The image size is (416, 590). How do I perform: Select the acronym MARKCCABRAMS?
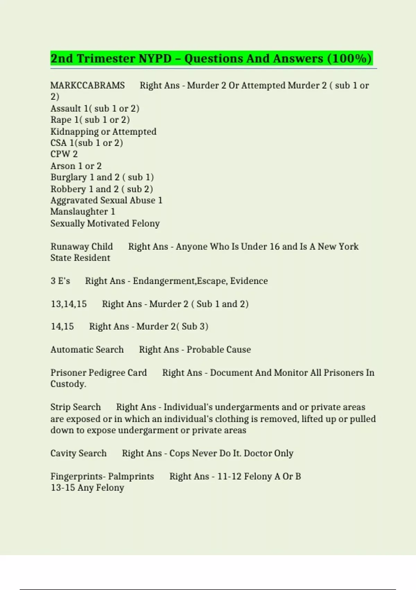click(x=87, y=85)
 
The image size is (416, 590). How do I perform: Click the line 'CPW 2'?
click(x=64, y=154)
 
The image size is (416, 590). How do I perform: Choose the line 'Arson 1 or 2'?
click(x=76, y=166)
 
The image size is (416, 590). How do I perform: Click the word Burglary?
click(x=69, y=177)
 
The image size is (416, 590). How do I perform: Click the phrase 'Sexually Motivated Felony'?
click(x=105, y=224)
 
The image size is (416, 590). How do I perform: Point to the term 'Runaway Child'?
click(x=81, y=246)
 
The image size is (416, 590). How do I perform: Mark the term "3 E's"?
click(x=60, y=281)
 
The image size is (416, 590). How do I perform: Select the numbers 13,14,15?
click(x=69, y=304)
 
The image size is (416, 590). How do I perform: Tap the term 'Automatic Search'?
click(x=87, y=349)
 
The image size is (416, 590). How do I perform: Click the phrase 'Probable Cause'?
click(x=218, y=349)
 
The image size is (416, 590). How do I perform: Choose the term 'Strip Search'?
click(x=76, y=407)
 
